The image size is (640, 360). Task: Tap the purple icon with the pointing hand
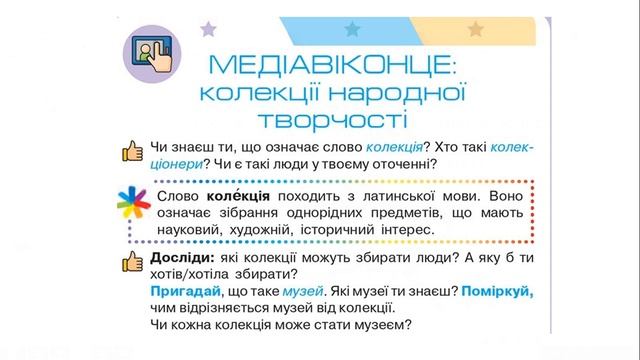click(152, 51)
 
